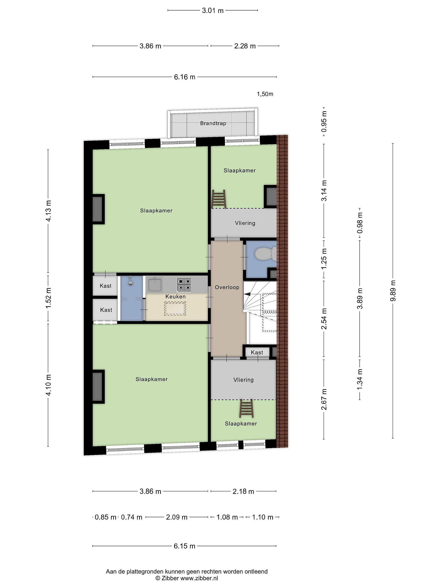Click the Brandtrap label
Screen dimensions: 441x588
click(x=213, y=123)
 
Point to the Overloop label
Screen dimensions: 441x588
click(x=227, y=287)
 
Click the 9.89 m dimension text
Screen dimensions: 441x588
click(x=393, y=291)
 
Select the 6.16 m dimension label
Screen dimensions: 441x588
click(x=185, y=77)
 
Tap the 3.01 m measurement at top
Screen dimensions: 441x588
click(x=213, y=11)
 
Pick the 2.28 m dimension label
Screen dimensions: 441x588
click(x=245, y=46)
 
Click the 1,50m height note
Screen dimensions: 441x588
click(x=265, y=94)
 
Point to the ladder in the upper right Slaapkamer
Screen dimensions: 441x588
click(x=219, y=199)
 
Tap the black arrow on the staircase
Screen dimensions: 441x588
click(x=247, y=294)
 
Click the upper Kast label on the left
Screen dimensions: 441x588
click(x=106, y=286)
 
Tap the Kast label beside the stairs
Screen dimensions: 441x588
click(x=257, y=352)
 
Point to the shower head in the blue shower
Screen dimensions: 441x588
click(x=130, y=282)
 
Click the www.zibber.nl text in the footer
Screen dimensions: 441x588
click(x=199, y=578)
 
